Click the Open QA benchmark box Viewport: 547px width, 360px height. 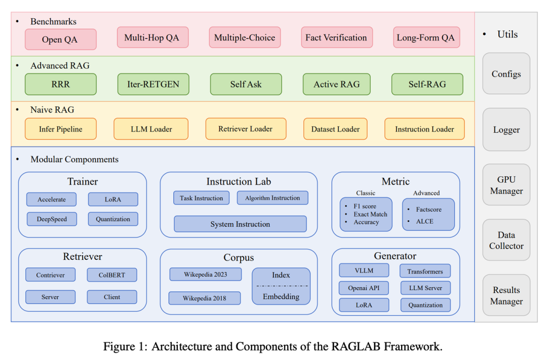click(60, 39)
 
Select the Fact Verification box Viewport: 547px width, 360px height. click(336, 37)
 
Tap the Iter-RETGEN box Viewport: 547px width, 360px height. click(153, 84)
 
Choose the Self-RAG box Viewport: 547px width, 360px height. click(427, 84)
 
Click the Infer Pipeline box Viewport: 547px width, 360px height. click(60, 129)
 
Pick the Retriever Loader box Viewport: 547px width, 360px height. click(246, 129)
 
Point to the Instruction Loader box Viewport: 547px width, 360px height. click(424, 129)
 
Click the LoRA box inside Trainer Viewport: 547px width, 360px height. click(112, 199)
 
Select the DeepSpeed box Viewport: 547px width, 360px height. click(51, 219)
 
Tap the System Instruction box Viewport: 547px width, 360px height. click(240, 224)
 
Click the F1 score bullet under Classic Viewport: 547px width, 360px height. click(365, 207)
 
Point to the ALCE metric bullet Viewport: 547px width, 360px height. click(424, 221)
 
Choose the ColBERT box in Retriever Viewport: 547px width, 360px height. click(112, 275)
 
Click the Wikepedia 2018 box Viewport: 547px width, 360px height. click(205, 298)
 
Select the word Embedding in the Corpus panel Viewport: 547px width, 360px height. click(281, 297)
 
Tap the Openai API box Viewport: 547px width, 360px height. click(364, 288)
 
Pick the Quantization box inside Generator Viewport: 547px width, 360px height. click(425, 305)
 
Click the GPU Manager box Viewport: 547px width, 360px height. click(506, 185)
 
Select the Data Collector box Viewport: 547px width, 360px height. click(506, 241)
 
